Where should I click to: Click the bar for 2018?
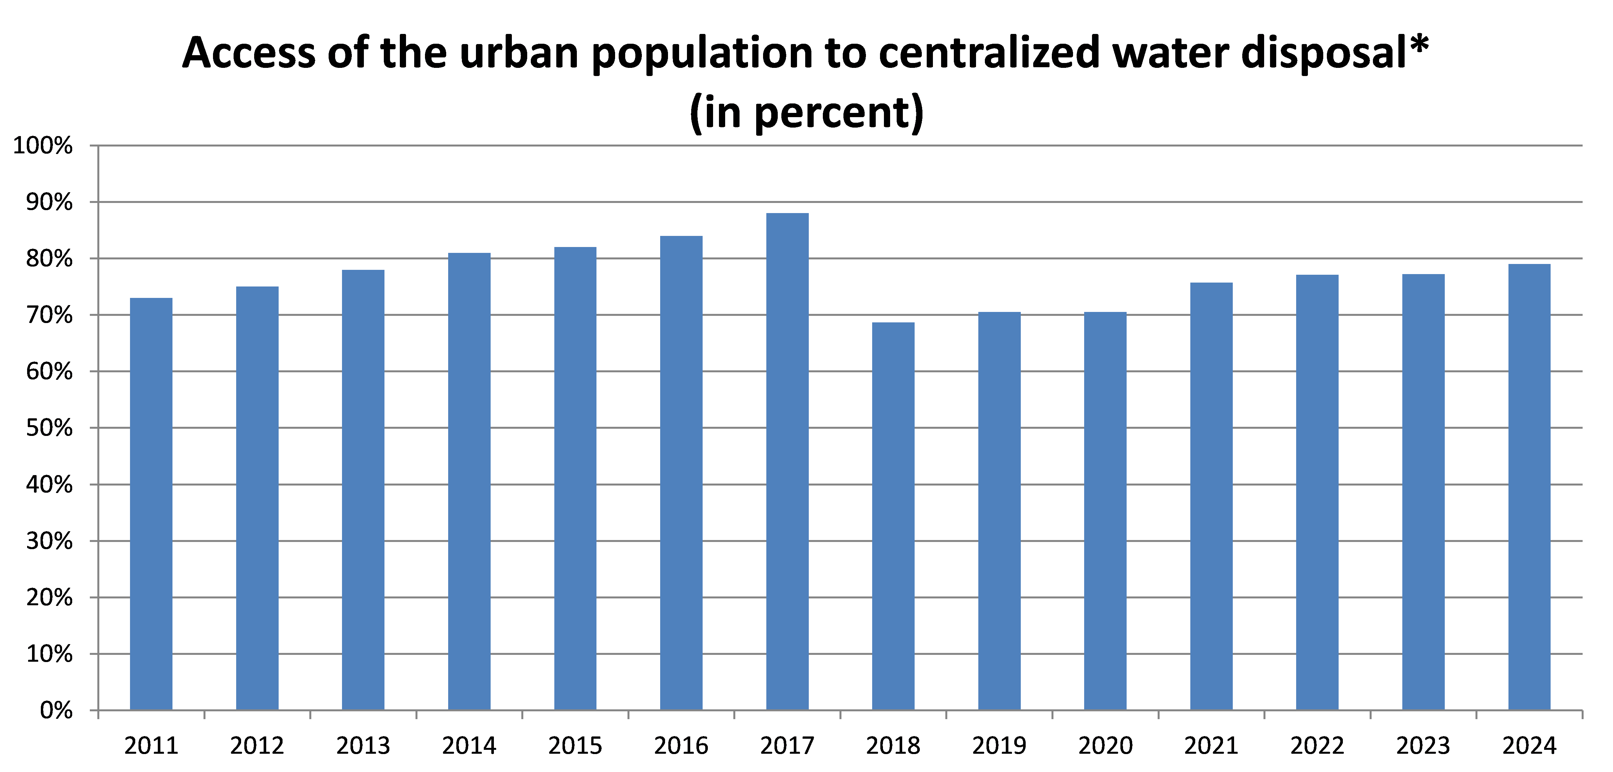[x=893, y=516]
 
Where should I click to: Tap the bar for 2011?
[x=151, y=503]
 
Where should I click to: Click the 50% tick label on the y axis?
[x=49, y=428]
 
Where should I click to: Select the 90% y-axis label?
[x=49, y=203]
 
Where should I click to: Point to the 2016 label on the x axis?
[x=681, y=746]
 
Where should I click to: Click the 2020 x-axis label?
[x=1105, y=746]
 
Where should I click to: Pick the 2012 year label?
[x=257, y=746]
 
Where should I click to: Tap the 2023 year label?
[x=1423, y=746]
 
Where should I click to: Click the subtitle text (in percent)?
[x=807, y=113]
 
